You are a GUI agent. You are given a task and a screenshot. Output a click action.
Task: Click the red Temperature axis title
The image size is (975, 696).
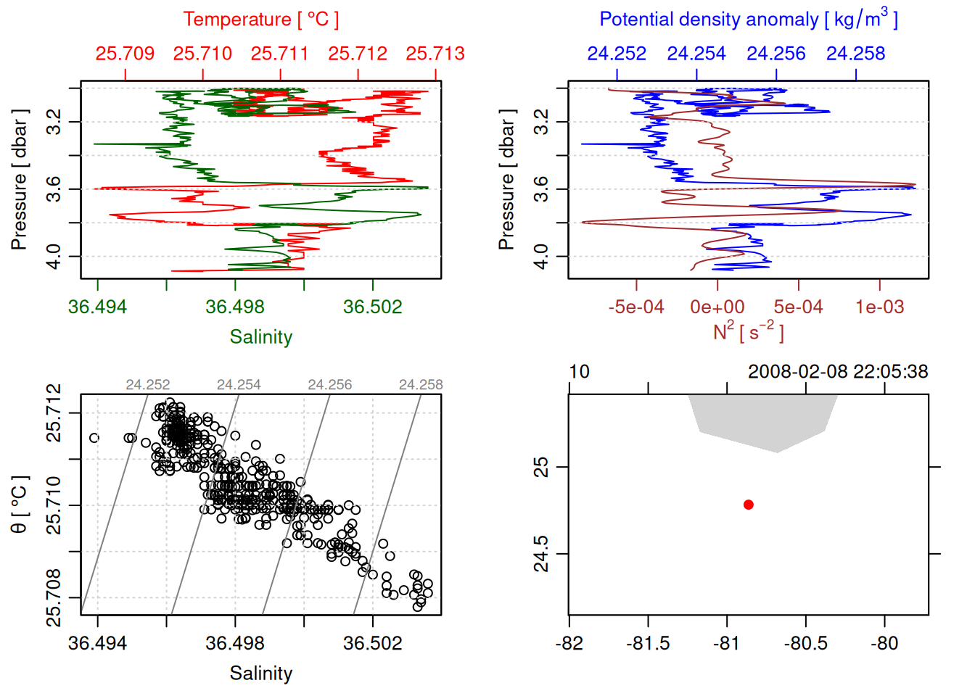pyautogui.click(x=260, y=20)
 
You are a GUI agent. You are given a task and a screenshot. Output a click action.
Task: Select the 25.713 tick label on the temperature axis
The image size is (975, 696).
pyautogui.click(x=435, y=54)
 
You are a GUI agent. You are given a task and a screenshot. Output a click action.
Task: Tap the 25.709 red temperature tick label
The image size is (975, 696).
pyautogui.click(x=125, y=54)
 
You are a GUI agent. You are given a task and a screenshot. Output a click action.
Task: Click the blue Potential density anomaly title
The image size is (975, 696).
pyautogui.click(x=748, y=20)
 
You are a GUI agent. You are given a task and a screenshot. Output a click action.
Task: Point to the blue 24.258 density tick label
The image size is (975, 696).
pyautogui.click(x=855, y=54)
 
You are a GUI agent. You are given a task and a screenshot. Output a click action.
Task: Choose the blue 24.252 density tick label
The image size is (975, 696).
pyautogui.click(x=617, y=54)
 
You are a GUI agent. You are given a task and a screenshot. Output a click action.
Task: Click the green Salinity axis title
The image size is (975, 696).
pyautogui.click(x=261, y=337)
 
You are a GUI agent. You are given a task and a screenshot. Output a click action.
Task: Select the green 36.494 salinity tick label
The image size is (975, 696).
pyautogui.click(x=97, y=307)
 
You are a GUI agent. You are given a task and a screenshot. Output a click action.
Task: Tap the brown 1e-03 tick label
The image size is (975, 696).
pyautogui.click(x=879, y=307)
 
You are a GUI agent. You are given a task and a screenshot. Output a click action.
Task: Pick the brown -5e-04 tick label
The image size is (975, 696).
pyautogui.click(x=636, y=307)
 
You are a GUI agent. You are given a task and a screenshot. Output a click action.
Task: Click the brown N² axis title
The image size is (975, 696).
pyautogui.click(x=748, y=332)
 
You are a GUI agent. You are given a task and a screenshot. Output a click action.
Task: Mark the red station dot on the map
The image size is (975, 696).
pyautogui.click(x=749, y=505)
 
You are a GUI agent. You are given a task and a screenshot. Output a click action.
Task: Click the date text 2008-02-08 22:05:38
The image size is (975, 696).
pyautogui.click(x=838, y=372)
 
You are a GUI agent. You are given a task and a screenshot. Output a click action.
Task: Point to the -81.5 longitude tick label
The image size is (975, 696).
pyautogui.click(x=648, y=643)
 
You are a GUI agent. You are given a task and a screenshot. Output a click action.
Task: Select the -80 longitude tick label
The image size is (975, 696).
pyautogui.click(x=884, y=643)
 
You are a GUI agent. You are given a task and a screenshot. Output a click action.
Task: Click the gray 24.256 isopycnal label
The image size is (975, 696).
pyautogui.click(x=329, y=385)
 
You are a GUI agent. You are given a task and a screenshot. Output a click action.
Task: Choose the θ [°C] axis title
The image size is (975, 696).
pyautogui.click(x=20, y=505)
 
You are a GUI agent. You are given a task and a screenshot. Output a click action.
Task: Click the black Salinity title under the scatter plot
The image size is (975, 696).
pyautogui.click(x=261, y=674)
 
